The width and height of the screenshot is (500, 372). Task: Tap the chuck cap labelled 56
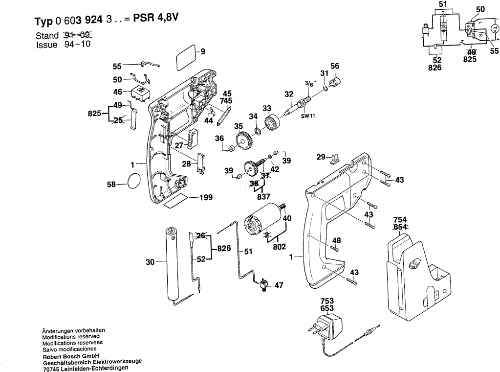point(336,81)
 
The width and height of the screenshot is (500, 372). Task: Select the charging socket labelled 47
point(264,284)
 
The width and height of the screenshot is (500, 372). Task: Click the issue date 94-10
point(78,45)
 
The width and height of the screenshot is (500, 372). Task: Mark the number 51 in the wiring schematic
point(444,4)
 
